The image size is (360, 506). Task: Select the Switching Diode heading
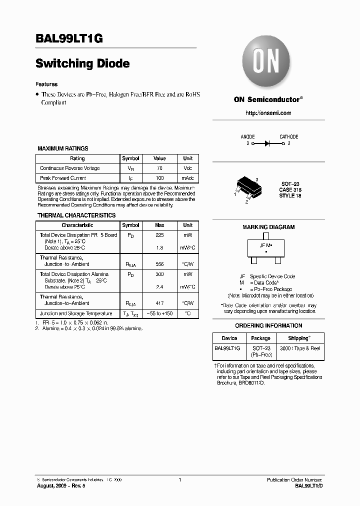click(83, 63)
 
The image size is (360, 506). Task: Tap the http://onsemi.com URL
click(268, 113)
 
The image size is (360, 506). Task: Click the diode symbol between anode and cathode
click(267, 143)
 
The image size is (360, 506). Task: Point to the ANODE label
click(247, 136)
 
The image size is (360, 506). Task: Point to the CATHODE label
click(288, 136)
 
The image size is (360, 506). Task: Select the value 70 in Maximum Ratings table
click(159, 168)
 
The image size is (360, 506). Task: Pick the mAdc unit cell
click(187, 178)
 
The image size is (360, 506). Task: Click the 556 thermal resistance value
click(159, 264)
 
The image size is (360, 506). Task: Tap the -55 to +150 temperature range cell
click(159, 313)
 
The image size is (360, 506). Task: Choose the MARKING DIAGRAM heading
click(268, 227)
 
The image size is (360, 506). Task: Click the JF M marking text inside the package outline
click(265, 245)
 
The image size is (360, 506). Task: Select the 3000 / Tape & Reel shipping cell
click(300, 348)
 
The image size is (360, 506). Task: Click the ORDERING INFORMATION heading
click(268, 325)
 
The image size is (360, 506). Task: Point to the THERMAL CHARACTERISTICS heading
click(76, 215)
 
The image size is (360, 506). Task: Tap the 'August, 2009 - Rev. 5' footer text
click(61, 486)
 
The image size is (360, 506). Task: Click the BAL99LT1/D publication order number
click(309, 486)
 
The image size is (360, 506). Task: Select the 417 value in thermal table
click(159, 303)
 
